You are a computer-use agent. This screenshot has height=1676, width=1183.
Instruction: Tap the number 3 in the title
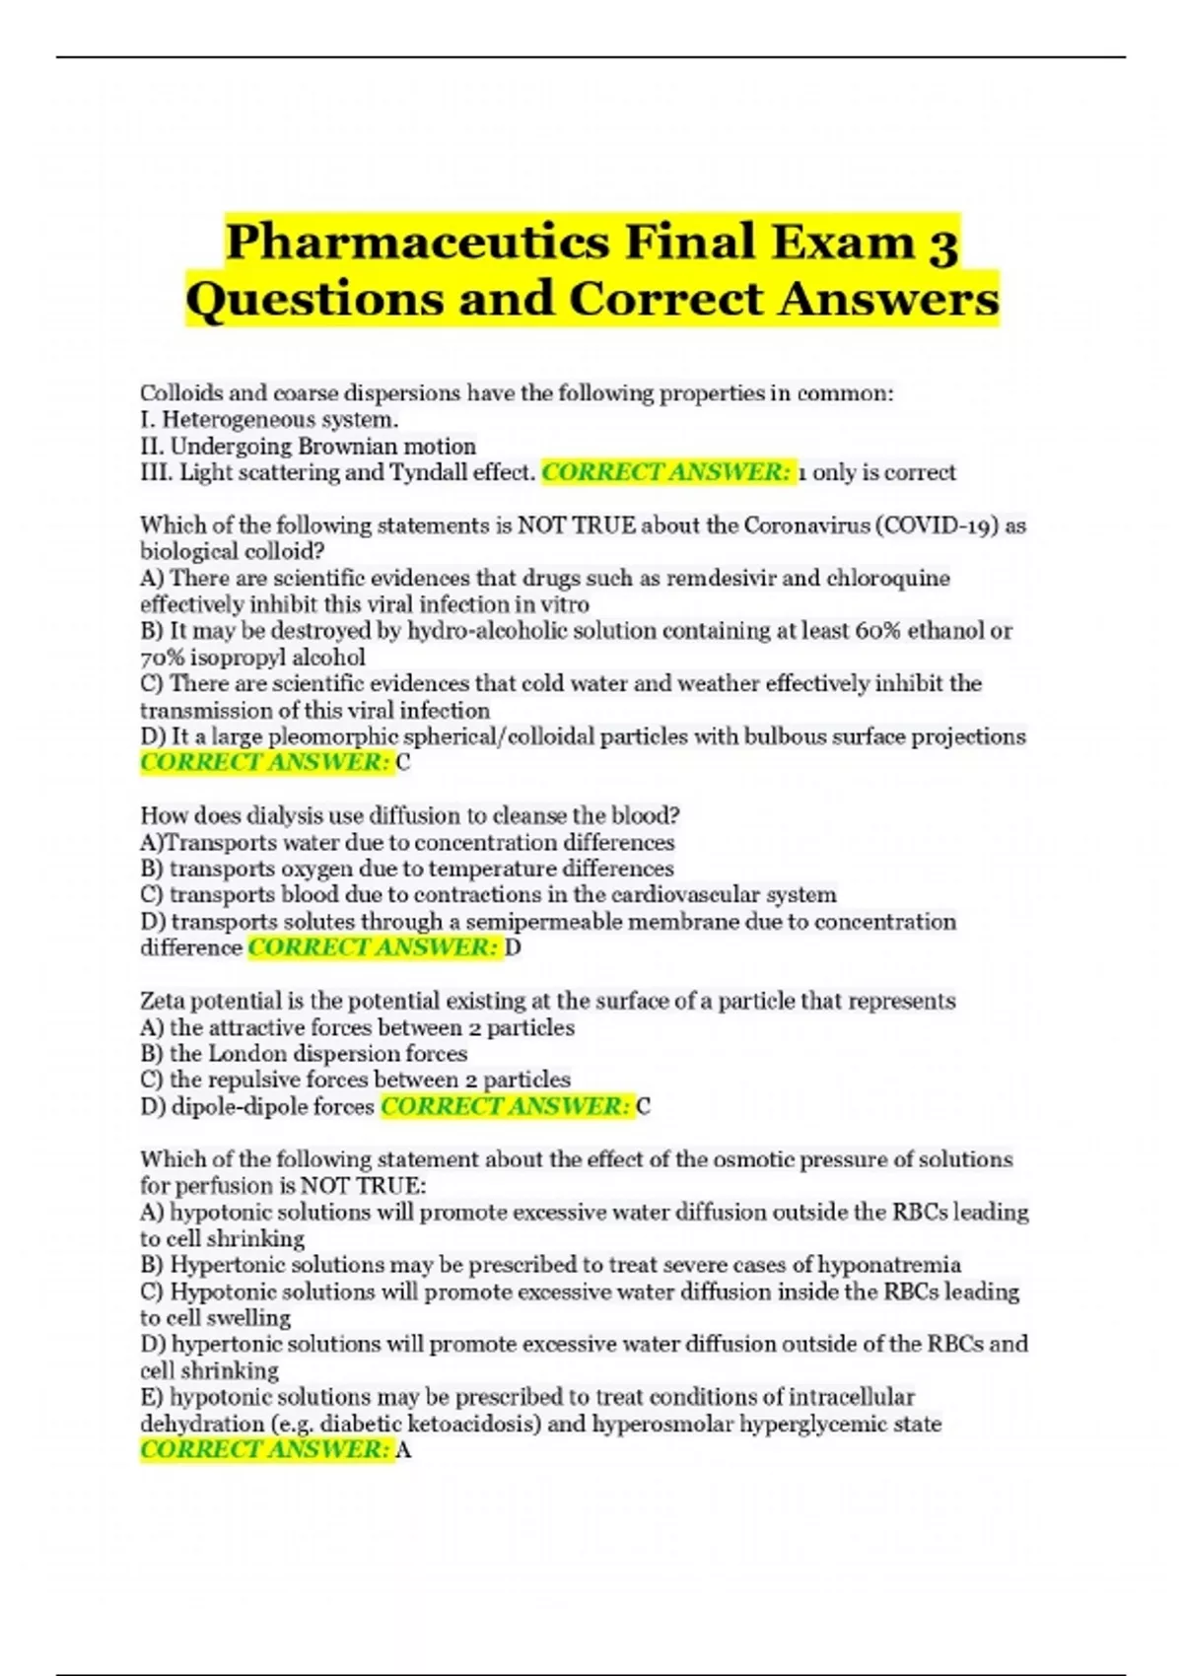943,244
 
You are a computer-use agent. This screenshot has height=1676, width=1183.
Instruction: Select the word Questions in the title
313,300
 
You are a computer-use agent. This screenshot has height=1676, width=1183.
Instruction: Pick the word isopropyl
233,658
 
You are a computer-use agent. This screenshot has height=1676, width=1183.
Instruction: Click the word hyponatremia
889,1265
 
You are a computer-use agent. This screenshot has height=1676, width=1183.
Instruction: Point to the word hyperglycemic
810,1424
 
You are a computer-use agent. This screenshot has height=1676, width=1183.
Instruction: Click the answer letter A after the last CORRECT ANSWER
403,1450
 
